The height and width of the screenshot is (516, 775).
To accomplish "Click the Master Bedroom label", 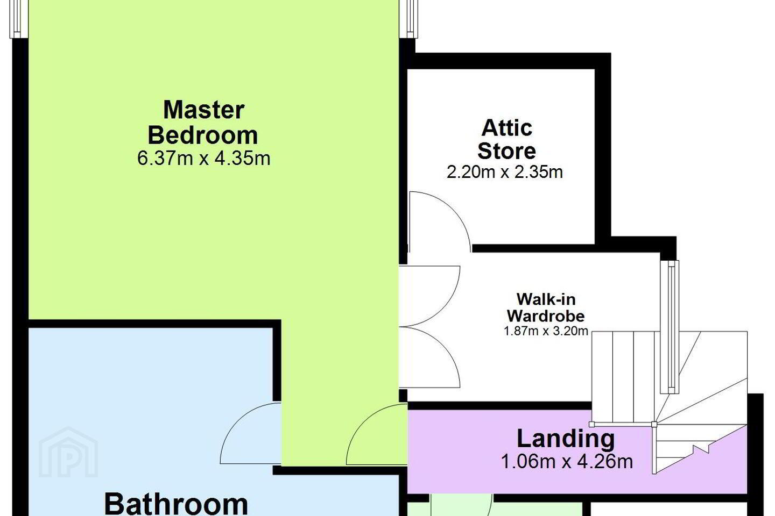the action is click(x=203, y=122).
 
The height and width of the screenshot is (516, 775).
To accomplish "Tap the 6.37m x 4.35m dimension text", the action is click(x=203, y=159).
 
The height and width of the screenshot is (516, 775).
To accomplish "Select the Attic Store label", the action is click(x=506, y=139).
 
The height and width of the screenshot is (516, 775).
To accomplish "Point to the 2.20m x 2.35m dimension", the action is click(x=505, y=172).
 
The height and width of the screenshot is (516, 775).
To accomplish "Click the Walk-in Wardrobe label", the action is click(x=546, y=307).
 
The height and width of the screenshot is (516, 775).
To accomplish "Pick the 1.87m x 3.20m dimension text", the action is click(x=546, y=331).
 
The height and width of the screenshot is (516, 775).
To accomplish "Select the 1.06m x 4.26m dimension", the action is click(x=567, y=461).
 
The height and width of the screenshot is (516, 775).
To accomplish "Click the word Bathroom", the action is click(x=176, y=505).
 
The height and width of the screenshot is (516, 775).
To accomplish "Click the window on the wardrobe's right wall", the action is click(x=670, y=327).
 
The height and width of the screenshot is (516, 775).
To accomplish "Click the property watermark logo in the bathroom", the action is click(x=68, y=452).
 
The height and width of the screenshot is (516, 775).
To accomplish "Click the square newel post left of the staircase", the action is click(x=592, y=424).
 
